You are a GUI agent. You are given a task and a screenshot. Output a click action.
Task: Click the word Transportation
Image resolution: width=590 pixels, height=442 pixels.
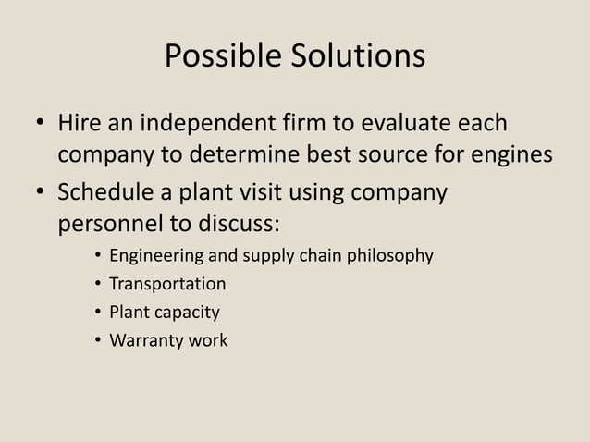(x=167, y=284)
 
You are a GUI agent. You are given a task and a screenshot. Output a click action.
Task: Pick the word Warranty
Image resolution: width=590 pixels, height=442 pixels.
(x=145, y=340)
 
